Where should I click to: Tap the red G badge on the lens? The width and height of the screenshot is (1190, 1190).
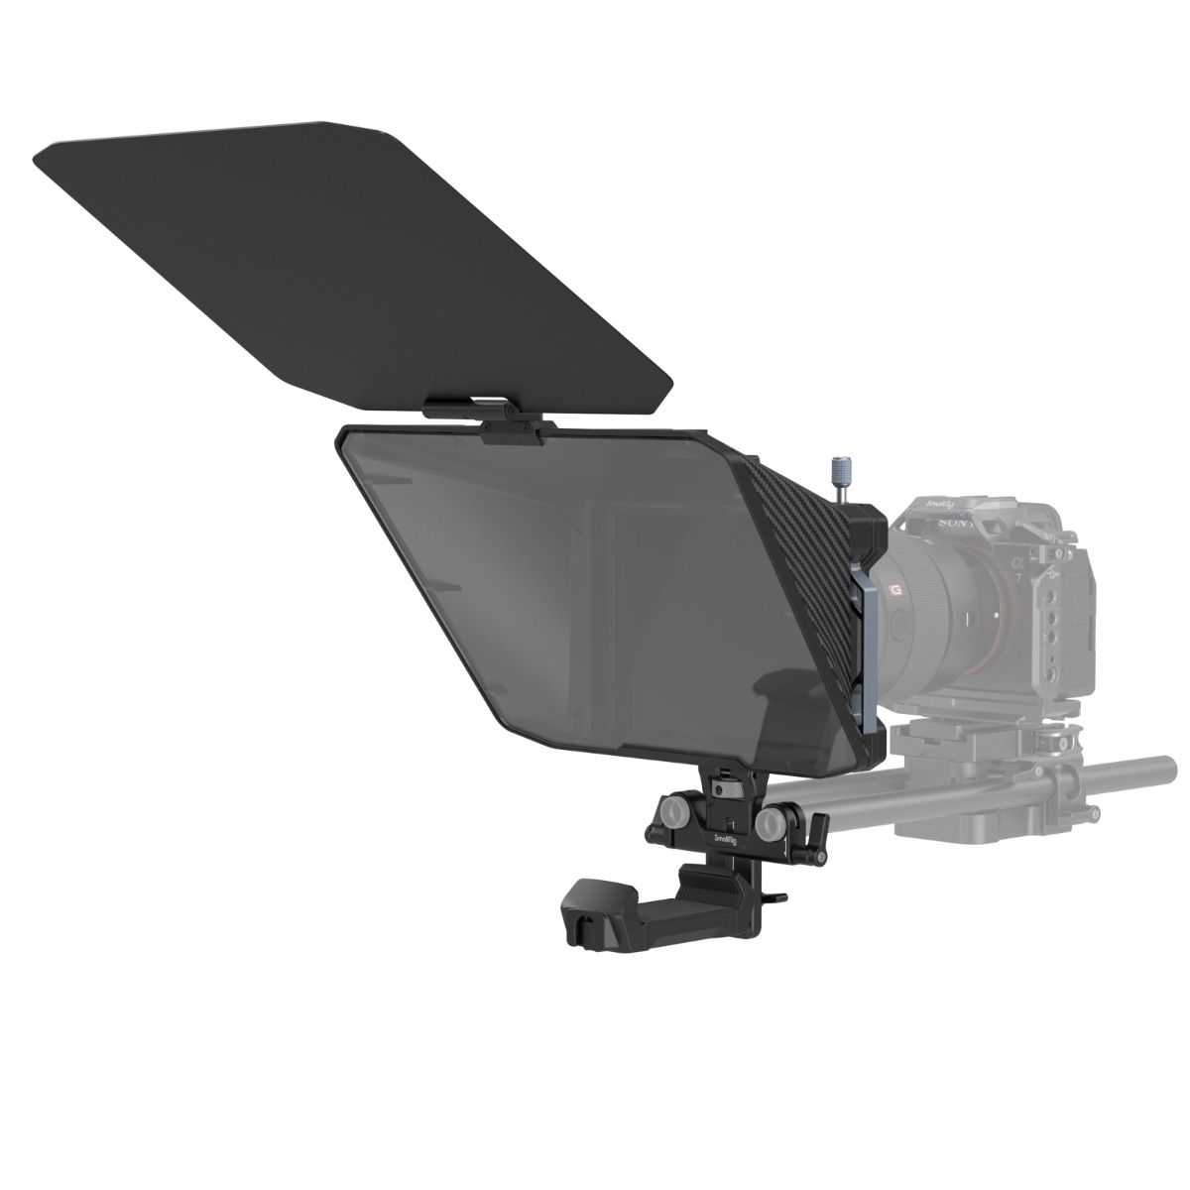[894, 591]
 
